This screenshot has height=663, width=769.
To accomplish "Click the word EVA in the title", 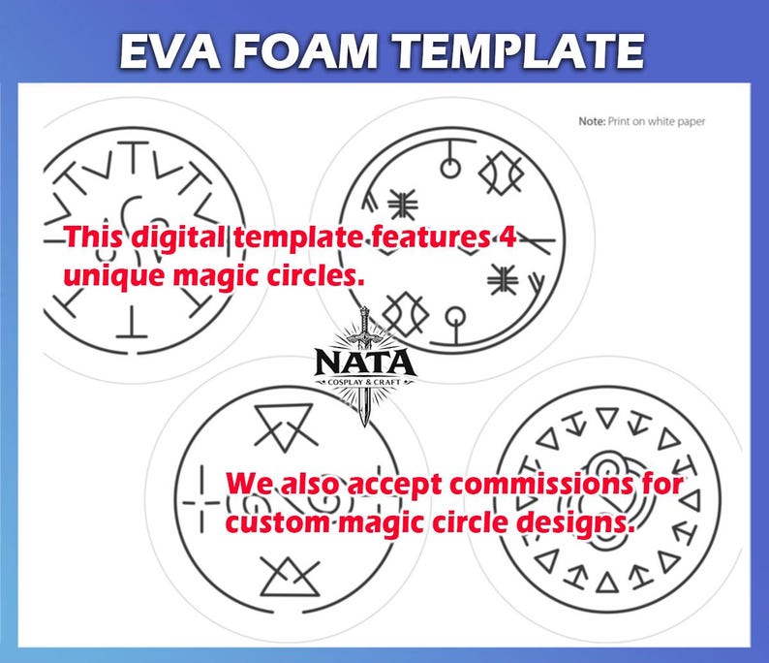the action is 170,50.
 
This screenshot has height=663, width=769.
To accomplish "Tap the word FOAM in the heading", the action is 305,50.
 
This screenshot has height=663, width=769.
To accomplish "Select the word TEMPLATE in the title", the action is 518,50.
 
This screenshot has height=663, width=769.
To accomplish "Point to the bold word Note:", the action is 592,121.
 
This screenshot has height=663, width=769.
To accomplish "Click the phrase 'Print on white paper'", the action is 657,122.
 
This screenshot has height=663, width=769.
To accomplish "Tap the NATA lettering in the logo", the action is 364,363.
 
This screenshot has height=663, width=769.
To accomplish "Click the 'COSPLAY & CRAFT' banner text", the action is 364,382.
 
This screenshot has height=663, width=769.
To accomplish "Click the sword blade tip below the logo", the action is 364,425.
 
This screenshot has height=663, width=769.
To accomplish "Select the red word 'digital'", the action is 179,238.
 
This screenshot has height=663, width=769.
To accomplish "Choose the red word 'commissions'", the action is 540,485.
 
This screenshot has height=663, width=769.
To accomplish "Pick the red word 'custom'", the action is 277,522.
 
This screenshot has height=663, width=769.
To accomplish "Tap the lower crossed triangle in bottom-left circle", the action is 290,577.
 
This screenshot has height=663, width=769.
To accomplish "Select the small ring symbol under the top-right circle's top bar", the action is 450,168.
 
